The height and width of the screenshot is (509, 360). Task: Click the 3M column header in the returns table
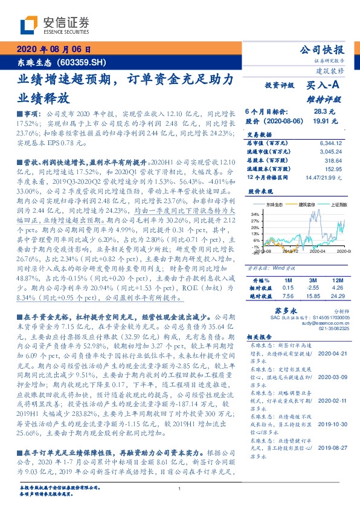pyautogui.click(x=313, y=280)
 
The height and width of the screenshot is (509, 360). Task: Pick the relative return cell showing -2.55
pyautogui.click(x=313, y=288)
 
